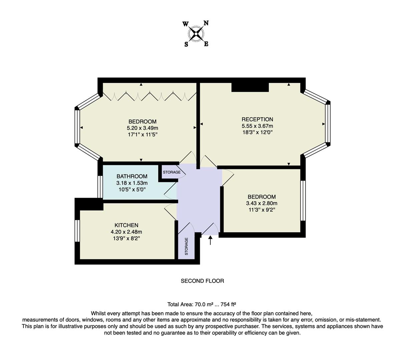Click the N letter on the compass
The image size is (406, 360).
click(206, 23)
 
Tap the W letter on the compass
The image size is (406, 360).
click(185, 24)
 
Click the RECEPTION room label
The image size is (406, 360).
click(257, 119)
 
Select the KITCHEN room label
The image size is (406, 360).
click(126, 225)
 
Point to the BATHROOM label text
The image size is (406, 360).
click(132, 176)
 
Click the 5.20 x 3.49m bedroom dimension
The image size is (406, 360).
click(142, 128)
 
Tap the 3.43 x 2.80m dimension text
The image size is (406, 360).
click(262, 203)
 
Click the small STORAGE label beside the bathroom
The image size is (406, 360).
click(172, 172)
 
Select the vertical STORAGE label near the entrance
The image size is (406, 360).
click(186, 246)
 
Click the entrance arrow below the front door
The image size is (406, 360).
click(210, 240)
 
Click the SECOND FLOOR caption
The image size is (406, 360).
click(202, 281)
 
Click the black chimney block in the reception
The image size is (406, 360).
click(250, 87)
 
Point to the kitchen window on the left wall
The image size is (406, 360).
click(77, 231)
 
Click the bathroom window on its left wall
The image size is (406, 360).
click(100, 187)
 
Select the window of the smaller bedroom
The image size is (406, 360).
click(303, 201)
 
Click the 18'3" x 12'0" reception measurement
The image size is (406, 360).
click(257, 132)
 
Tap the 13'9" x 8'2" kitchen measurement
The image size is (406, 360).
click(126, 238)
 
